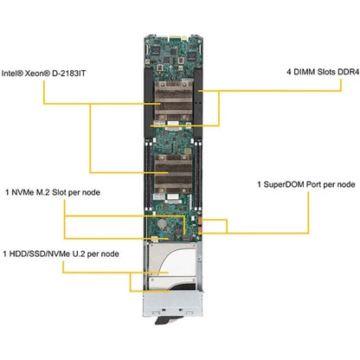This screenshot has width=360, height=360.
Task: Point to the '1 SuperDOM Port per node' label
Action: click(x=305, y=185)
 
